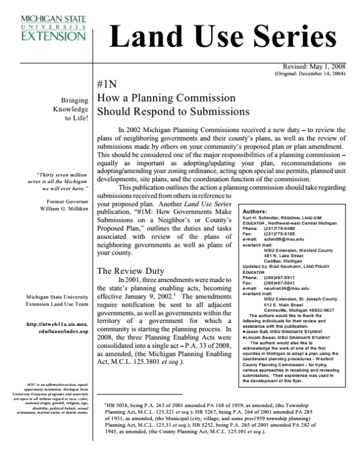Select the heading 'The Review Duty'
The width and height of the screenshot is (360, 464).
pos(131,271)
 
